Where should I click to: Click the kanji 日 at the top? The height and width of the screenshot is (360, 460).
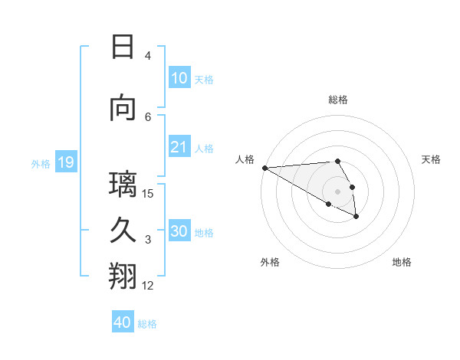pos(123,47)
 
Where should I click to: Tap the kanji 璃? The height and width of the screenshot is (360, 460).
pos(123,185)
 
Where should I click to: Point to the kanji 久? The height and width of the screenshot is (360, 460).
pos(123,231)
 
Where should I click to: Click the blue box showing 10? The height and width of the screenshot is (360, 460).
pos(179,78)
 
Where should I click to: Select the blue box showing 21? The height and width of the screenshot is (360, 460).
pos(179,147)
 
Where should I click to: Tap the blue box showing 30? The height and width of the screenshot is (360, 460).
pos(179,231)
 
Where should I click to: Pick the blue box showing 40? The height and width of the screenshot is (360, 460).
pos(123,322)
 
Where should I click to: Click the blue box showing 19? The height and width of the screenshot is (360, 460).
pos(65,162)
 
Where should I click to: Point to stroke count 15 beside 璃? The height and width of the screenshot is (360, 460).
pos(148,193)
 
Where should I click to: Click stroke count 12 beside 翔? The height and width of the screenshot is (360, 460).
pos(148,286)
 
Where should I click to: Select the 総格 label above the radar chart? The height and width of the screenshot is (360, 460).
pos(337,100)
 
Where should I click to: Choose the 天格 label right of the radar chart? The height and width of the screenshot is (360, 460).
pos(431,159)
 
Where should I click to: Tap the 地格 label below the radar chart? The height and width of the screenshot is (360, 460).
pos(402,262)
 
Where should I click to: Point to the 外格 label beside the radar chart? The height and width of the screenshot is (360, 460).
pos(270,262)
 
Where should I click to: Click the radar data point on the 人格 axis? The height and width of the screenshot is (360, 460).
pos(264,168)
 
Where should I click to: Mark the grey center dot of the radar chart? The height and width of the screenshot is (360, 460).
pos(337,191)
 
